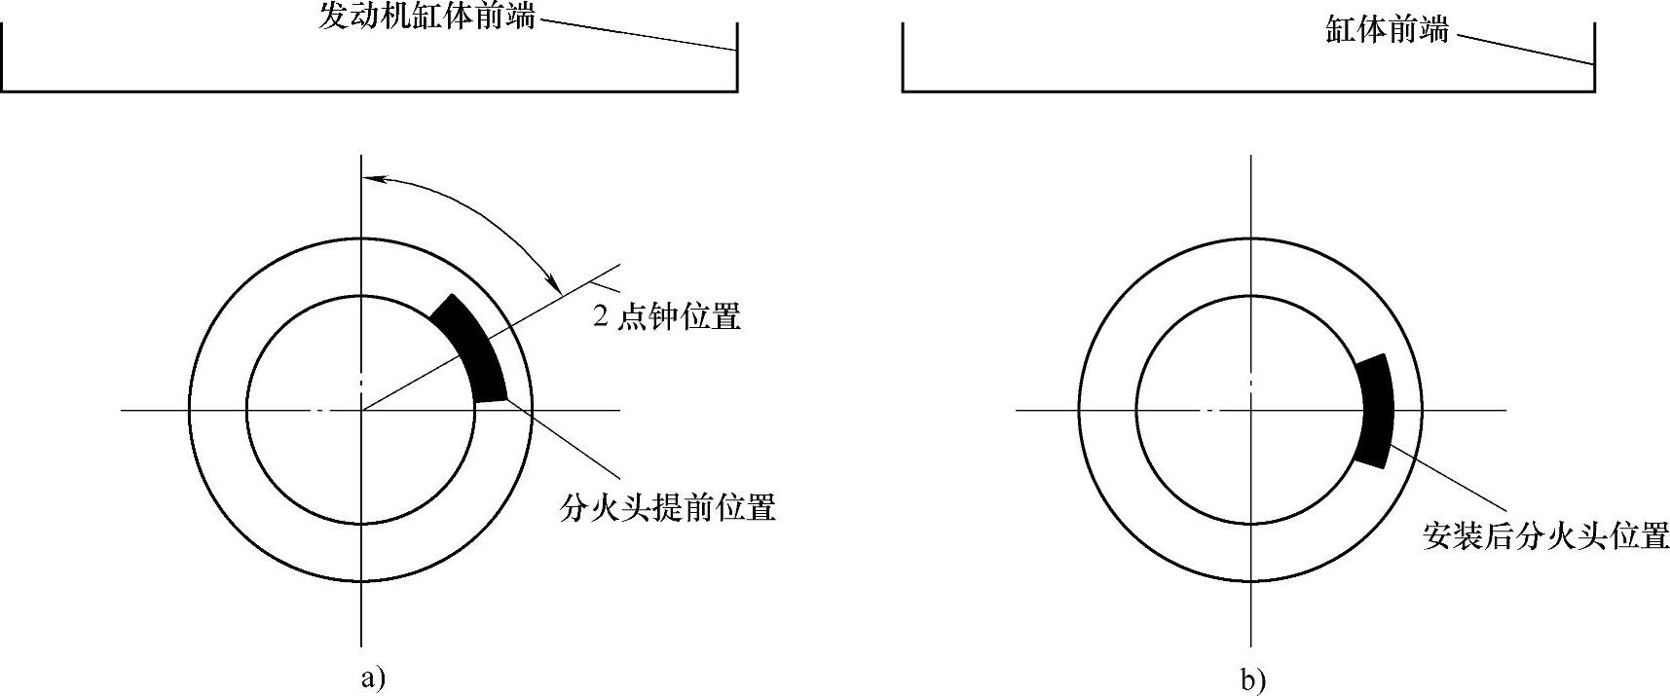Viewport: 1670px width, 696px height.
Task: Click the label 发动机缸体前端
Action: tap(427, 16)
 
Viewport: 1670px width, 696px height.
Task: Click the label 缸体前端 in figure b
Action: tap(1386, 29)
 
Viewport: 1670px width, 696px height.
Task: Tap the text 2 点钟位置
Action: tap(667, 316)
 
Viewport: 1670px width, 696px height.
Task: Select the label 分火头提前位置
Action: tap(667, 507)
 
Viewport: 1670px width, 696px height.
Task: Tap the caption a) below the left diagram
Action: tap(373, 677)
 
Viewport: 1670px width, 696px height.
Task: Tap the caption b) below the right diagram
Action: tap(1254, 679)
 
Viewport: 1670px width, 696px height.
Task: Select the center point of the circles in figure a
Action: tap(361, 411)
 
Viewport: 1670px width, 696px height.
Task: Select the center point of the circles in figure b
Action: tap(1251, 411)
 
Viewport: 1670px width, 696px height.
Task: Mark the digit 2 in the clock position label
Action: tap(601, 317)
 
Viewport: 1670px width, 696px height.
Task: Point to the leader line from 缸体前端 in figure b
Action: tap(1524, 50)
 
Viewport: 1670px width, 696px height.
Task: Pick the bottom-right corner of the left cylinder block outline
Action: tap(737, 92)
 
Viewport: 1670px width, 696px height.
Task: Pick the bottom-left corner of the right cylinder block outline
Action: tap(903, 92)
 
